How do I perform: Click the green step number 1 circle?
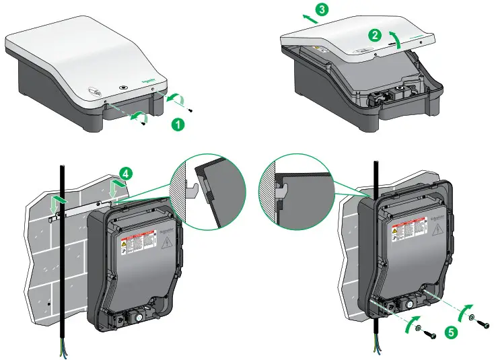[177, 124]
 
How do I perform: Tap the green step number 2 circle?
[376, 33]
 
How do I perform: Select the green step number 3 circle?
[322, 9]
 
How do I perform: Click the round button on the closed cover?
[122, 87]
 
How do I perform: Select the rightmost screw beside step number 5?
[483, 325]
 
